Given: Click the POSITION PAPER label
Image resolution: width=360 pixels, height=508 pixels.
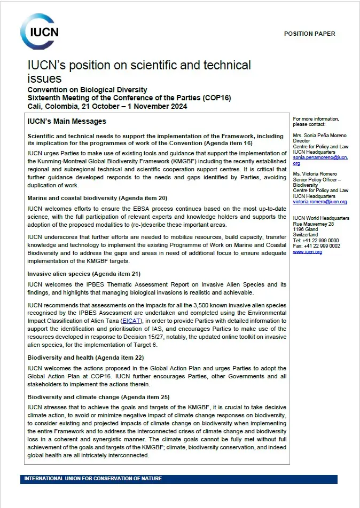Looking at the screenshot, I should point(309,34).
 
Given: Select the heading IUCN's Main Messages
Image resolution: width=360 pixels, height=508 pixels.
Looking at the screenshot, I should point(67,122).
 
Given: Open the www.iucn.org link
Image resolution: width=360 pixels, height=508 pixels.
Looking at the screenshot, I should point(308,252).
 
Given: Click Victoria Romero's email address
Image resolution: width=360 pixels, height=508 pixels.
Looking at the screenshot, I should point(320,202).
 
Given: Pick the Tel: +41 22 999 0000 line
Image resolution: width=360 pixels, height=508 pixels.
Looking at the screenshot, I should point(316,241).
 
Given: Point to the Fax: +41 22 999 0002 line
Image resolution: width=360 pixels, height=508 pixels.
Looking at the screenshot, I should point(316,246).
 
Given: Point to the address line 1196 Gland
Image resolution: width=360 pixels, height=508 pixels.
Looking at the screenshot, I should point(305,229).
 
